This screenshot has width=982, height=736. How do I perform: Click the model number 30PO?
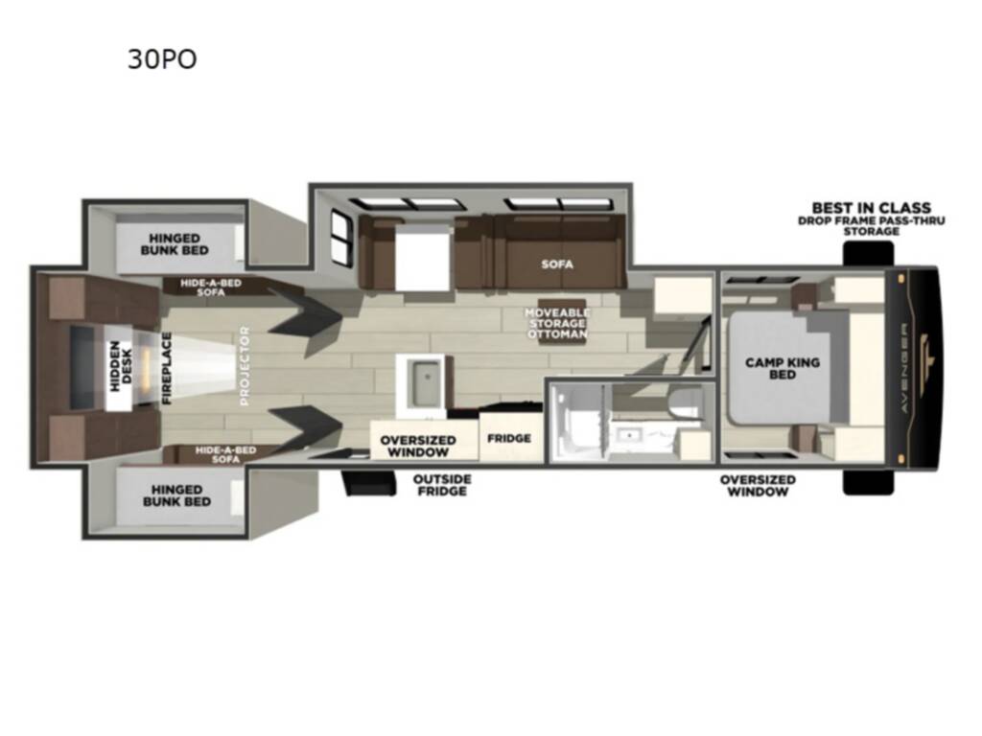tap(162, 59)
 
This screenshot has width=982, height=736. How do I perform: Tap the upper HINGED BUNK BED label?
tap(174, 244)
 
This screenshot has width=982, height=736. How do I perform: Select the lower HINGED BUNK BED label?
tap(176, 494)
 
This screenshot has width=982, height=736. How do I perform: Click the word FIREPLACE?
tap(166, 368)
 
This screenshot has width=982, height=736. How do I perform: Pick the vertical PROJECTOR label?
tap(245, 366)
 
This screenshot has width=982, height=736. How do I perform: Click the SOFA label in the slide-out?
tap(556, 264)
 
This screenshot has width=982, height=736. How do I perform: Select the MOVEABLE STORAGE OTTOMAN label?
tap(557, 323)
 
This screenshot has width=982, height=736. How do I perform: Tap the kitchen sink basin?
tap(420, 384)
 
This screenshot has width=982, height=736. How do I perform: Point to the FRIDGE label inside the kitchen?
tap(509, 439)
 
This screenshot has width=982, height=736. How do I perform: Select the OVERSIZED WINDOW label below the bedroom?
tap(758, 485)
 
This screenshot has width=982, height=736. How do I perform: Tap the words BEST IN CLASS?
tap(871, 208)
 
